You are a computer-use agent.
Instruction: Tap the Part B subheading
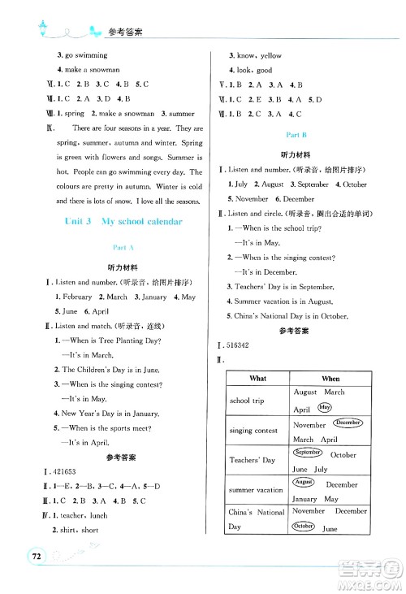coord(296,132)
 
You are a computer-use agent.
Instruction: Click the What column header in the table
coord(258,379)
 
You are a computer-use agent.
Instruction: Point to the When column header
coord(330,379)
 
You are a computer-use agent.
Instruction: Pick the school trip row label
coord(246,401)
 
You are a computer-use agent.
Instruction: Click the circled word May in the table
coord(326,407)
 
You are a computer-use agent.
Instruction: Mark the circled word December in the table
coord(348,423)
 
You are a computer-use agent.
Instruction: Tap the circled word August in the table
coord(305,483)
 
